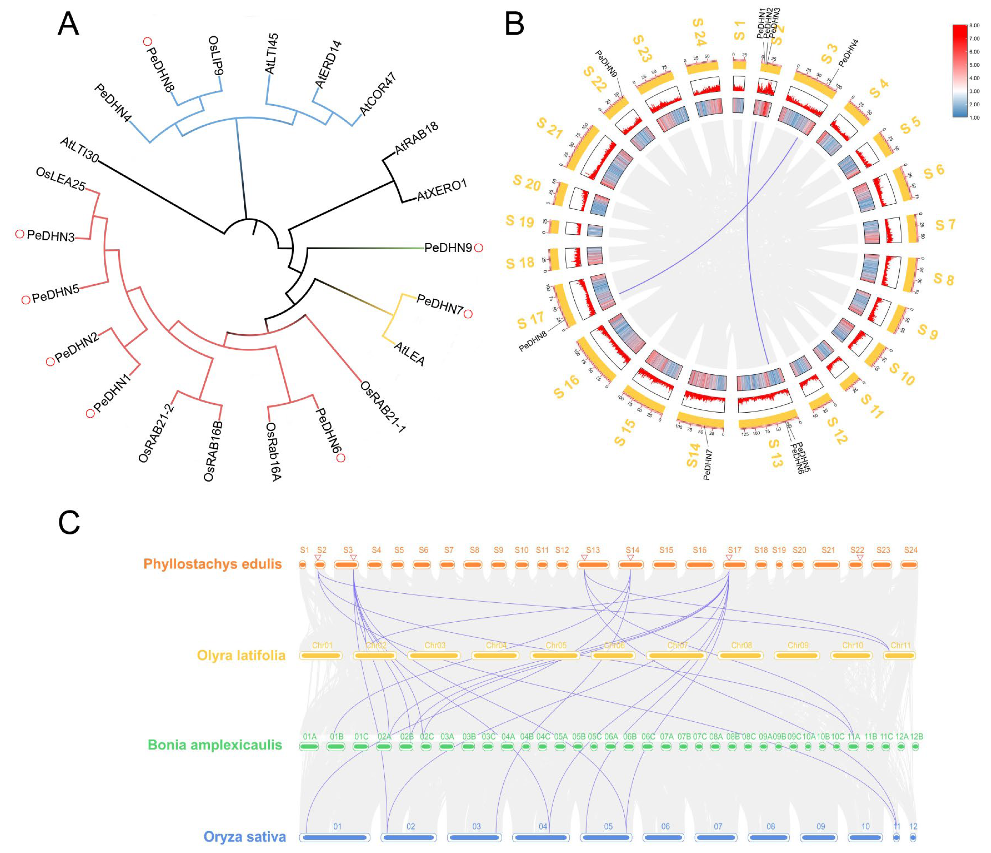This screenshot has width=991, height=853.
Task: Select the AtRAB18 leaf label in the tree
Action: pyautogui.click(x=416, y=139)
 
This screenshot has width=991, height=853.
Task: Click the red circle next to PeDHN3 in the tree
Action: pyautogui.click(x=19, y=234)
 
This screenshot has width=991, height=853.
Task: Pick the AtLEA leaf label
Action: pyautogui.click(x=409, y=353)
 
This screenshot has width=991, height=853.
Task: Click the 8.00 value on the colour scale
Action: pyautogui.click(x=974, y=25)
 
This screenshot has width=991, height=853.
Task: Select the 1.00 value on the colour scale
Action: pyautogui.click(x=974, y=118)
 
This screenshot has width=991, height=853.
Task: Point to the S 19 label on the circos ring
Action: pyautogui.click(x=520, y=221)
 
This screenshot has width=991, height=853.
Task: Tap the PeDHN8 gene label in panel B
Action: pyautogui.click(x=533, y=341)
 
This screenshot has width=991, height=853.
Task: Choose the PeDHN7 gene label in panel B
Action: pyautogui.click(x=707, y=464)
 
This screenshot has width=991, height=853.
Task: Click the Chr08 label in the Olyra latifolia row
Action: pyautogui.click(x=741, y=645)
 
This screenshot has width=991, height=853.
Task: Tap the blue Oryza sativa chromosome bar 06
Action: pyautogui.click(x=663, y=837)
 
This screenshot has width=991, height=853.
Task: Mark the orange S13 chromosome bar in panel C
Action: pyautogui.click(x=593, y=565)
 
